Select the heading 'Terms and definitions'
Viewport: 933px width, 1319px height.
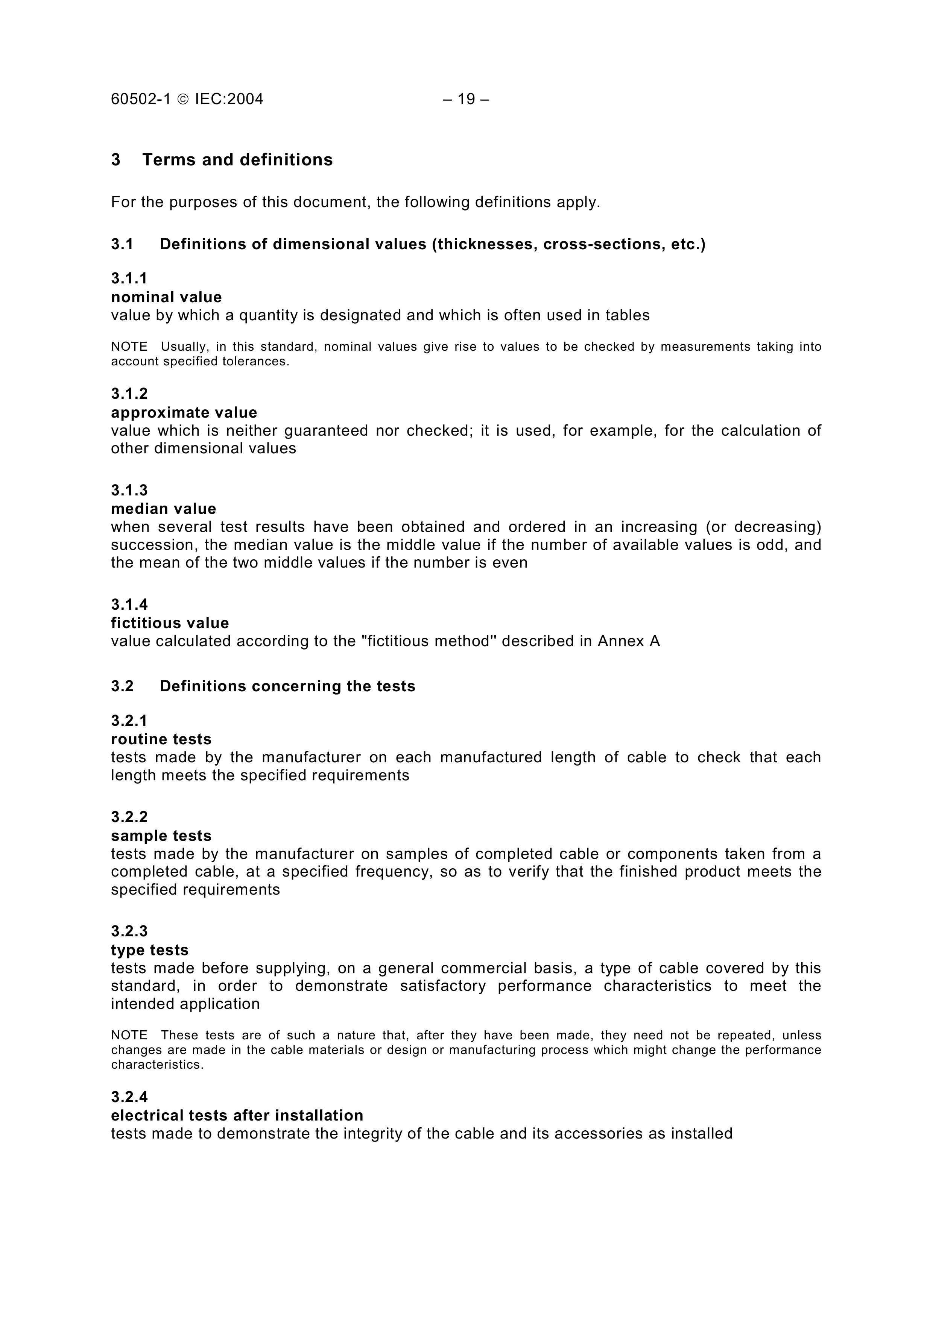[237, 160]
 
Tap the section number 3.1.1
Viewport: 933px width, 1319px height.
[129, 279]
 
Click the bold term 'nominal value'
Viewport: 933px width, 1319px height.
[166, 297]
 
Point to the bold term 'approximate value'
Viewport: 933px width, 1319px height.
[184, 412]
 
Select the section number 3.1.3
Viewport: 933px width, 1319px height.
[129, 490]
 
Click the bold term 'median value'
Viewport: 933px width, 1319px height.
[164, 509]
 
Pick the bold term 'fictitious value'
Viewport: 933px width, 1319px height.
[170, 623]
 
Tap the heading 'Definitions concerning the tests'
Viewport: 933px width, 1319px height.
[287, 686]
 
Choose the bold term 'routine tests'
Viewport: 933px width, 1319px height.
[161, 739]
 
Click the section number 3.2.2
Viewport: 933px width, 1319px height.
[129, 817]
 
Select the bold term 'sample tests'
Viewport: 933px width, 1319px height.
[161, 836]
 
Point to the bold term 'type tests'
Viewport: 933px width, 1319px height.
[149, 950]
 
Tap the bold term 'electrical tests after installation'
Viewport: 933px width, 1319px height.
[237, 1116]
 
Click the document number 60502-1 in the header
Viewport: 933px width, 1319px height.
[141, 99]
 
